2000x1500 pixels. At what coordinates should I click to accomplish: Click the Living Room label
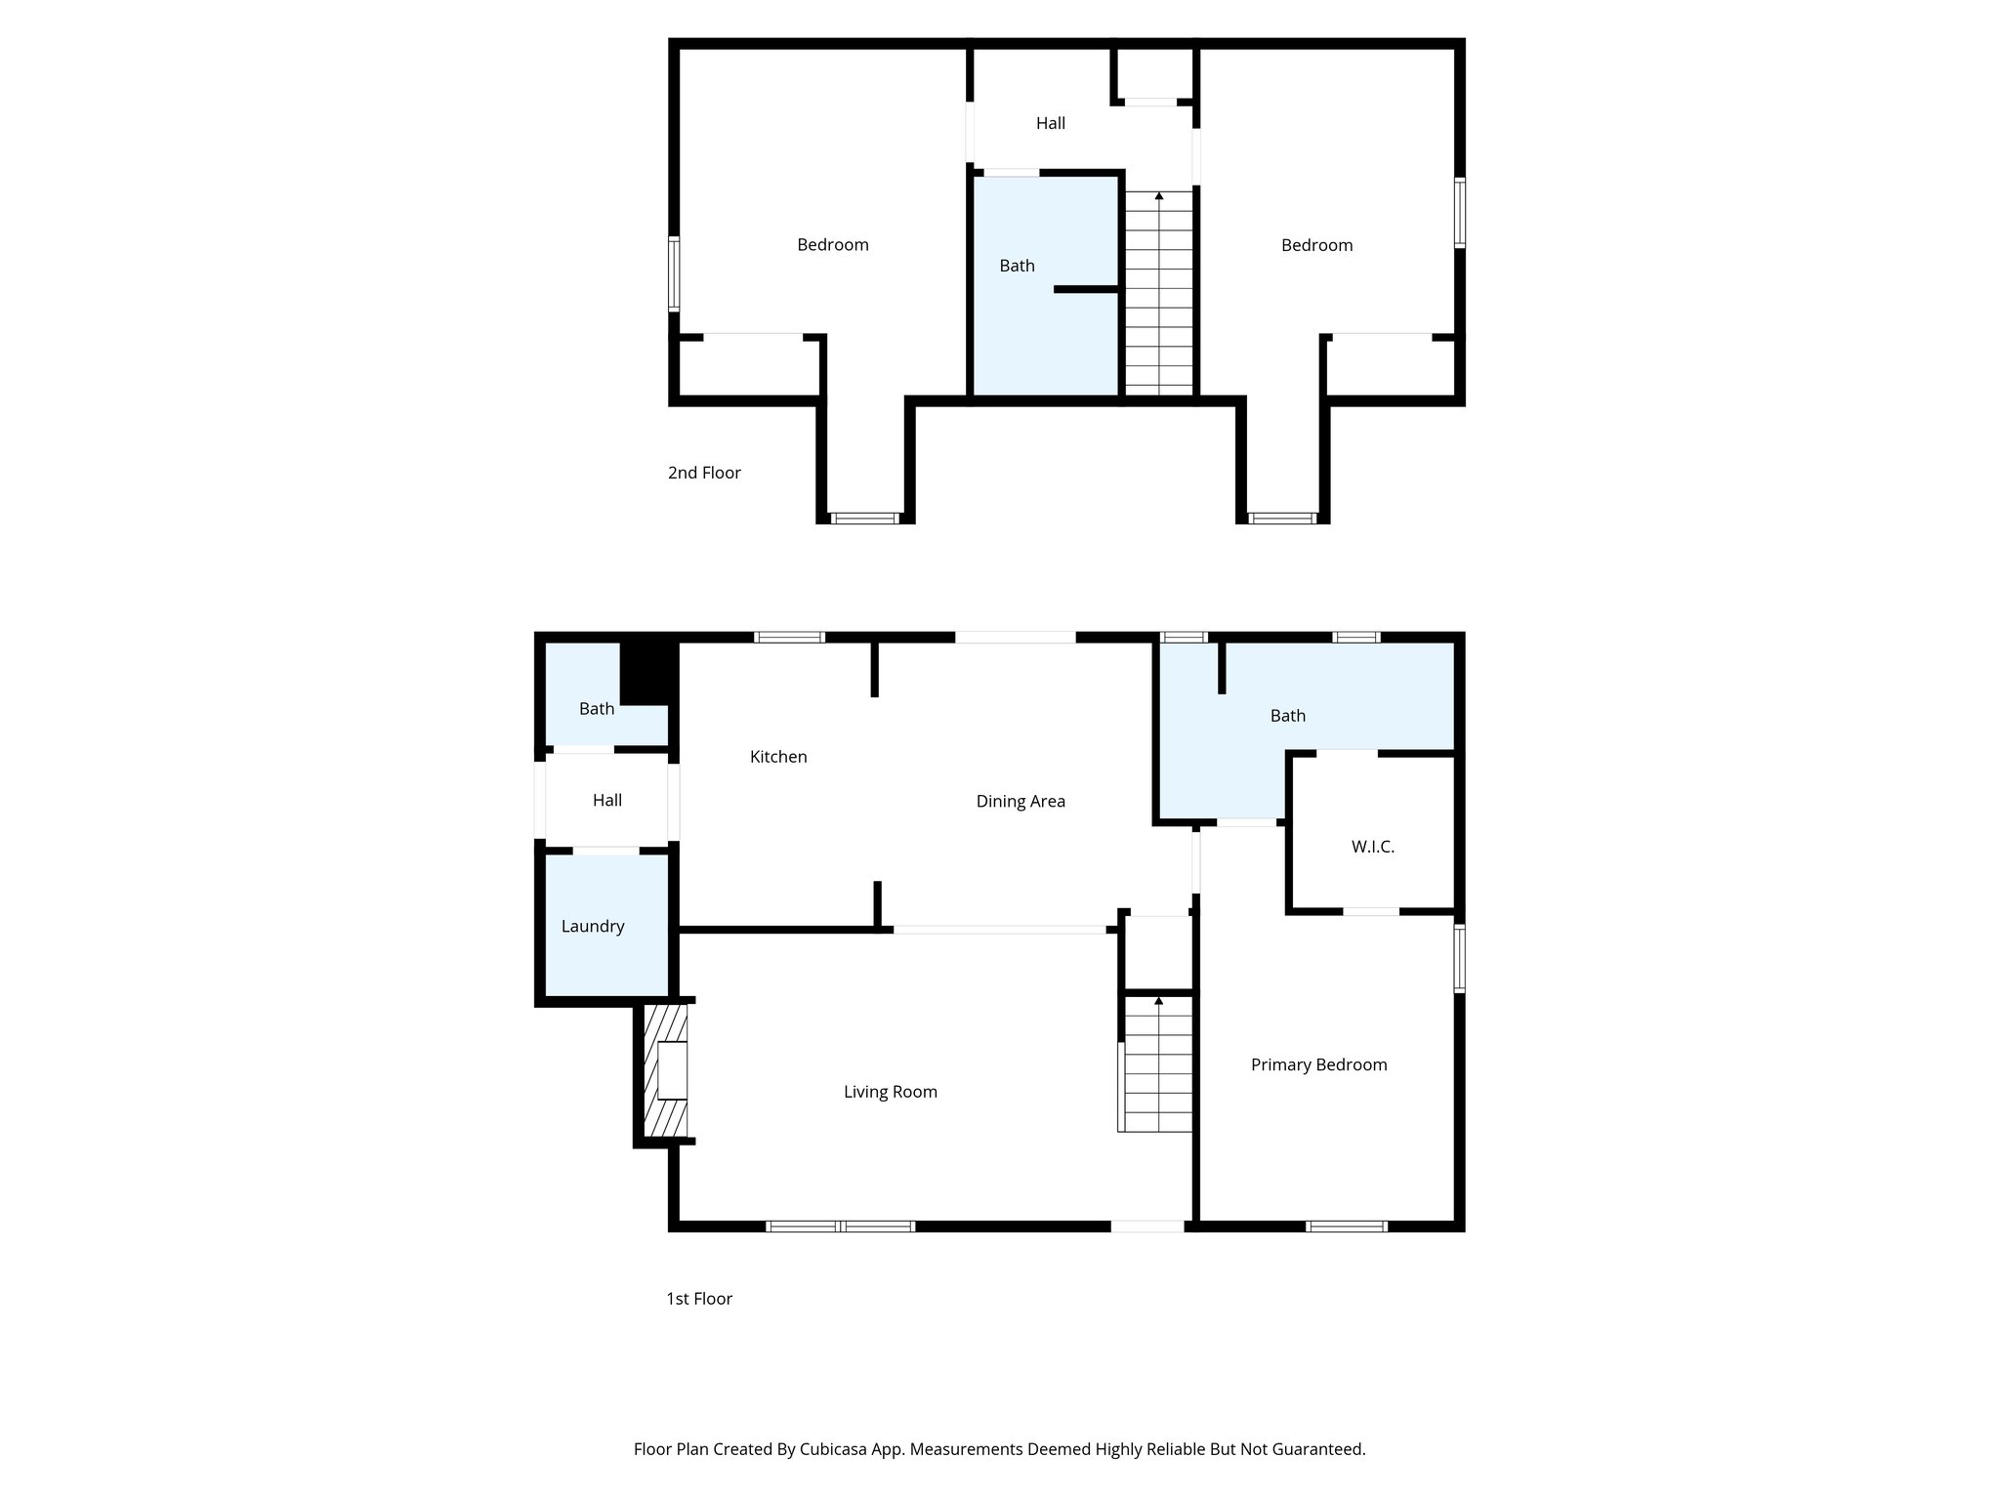pos(890,1092)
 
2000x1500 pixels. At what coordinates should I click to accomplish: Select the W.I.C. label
pos(1372,847)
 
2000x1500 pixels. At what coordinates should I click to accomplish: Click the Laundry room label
pos(592,926)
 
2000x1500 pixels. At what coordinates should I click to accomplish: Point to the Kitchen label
pos(778,757)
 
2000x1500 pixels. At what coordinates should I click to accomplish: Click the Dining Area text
pos(1021,801)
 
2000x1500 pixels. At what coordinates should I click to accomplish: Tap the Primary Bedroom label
pos(1318,1064)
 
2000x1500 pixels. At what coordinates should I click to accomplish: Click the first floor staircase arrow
pos(1159,1001)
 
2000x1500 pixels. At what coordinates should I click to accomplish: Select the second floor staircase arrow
pos(1159,196)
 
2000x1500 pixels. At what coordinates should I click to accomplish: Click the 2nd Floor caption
pos(704,473)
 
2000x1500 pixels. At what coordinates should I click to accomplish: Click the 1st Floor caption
pos(699,1299)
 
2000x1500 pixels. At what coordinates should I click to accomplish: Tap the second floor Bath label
pos(1017,266)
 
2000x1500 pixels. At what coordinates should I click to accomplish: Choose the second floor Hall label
pos(1051,123)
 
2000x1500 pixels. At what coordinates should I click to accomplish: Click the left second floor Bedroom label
pos(832,245)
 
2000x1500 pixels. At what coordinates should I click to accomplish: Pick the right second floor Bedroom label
pos(1316,245)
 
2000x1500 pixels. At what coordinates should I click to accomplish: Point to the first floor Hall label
pos(606,800)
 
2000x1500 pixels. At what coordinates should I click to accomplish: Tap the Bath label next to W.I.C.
pos(1287,716)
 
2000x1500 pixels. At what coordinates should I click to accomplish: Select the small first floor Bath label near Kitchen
pos(596,709)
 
